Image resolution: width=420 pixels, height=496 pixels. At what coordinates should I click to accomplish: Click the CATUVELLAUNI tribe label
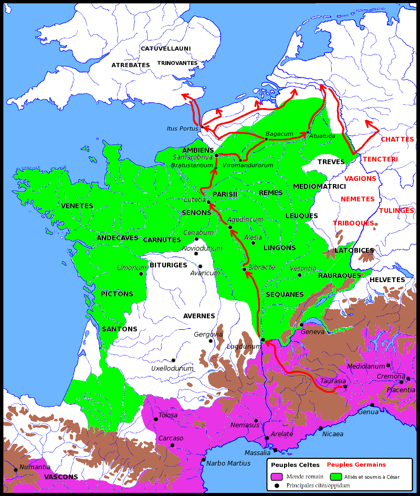[165, 49]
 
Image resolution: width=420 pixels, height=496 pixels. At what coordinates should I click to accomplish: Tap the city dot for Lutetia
[208, 202]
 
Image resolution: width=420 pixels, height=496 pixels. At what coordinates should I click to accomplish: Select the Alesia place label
[253, 237]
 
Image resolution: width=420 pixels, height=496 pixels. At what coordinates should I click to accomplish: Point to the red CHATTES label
[397, 139]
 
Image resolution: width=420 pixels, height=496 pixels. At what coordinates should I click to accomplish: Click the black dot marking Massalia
[275, 450]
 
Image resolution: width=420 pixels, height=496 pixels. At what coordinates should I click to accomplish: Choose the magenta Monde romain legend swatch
[277, 477]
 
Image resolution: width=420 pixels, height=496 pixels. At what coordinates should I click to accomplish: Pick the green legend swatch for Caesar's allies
[336, 477]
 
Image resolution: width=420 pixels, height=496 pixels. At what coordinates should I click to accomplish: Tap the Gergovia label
[208, 335]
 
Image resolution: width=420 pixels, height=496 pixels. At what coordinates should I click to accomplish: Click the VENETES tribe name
[77, 206]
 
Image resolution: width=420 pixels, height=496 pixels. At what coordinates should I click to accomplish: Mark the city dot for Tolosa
[155, 419]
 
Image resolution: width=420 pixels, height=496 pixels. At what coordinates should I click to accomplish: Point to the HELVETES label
[387, 280]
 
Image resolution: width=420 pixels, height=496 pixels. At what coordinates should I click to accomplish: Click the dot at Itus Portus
[202, 127]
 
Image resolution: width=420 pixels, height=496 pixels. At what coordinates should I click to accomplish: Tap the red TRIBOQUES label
[353, 223]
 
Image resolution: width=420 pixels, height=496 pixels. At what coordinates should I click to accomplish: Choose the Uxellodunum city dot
[173, 360]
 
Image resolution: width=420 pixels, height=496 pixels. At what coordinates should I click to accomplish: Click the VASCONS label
[61, 477]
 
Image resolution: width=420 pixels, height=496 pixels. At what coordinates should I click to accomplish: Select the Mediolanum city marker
[388, 365]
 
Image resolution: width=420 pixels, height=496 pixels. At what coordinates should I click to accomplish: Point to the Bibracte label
[261, 267]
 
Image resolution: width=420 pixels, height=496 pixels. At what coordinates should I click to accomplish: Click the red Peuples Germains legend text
[356, 465]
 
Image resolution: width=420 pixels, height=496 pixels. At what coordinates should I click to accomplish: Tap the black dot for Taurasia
[345, 387]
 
